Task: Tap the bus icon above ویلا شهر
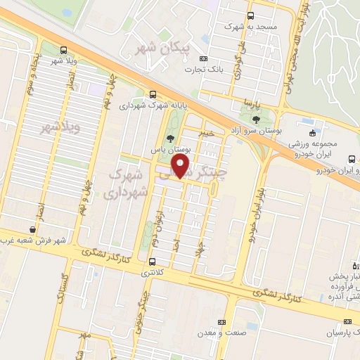tap(64, 50)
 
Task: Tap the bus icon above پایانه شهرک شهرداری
tap(153, 94)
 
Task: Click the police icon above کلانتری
tap(153, 262)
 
